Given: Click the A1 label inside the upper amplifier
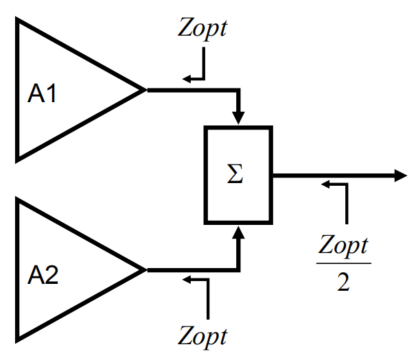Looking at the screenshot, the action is pos(42,93).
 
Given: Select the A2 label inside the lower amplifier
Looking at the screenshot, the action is pos(43,275).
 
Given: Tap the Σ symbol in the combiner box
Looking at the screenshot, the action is pos(235,173).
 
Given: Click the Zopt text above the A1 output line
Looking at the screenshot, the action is pos(202,29).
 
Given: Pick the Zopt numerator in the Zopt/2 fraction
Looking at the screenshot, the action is pos(343,246).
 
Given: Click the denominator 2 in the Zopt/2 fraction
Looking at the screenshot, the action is pos(343,282).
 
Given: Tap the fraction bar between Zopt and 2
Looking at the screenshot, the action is pos(343,263).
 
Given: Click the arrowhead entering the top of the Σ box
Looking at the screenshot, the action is pos(238,118).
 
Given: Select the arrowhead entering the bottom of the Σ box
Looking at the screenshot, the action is pos(238,232).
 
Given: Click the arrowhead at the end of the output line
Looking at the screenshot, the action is pos(401,176).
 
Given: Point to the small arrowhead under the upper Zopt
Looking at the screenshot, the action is pos(187,79).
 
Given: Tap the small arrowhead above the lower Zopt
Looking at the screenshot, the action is pos(187,279).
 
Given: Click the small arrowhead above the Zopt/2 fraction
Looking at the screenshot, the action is pos(325,184).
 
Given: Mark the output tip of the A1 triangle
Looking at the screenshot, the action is pos(146,90).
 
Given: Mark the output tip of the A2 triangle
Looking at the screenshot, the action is pos(146,270).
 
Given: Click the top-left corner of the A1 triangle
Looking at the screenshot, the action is pos(16,18).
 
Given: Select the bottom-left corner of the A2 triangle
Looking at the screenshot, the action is pos(16,343).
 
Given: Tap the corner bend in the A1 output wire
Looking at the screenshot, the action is pos(238,91).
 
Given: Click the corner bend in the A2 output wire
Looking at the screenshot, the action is pos(238,270).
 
